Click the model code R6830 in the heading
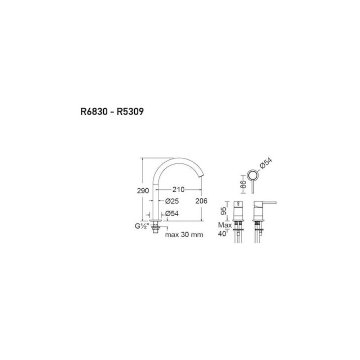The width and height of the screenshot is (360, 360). coord(94,112)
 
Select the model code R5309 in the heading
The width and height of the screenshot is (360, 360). coord(130,112)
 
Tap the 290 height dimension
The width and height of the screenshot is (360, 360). coord(143,190)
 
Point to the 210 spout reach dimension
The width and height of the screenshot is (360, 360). coord(178,189)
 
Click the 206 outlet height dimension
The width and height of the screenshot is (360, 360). coord(201,201)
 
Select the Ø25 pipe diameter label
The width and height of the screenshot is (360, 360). coord(172,201)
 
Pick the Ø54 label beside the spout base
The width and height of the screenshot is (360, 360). coord(172,213)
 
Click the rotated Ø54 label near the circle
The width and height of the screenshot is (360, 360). coord(266,163)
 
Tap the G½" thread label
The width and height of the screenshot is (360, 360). coord(141,226)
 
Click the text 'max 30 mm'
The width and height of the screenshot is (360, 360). coord(184,234)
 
